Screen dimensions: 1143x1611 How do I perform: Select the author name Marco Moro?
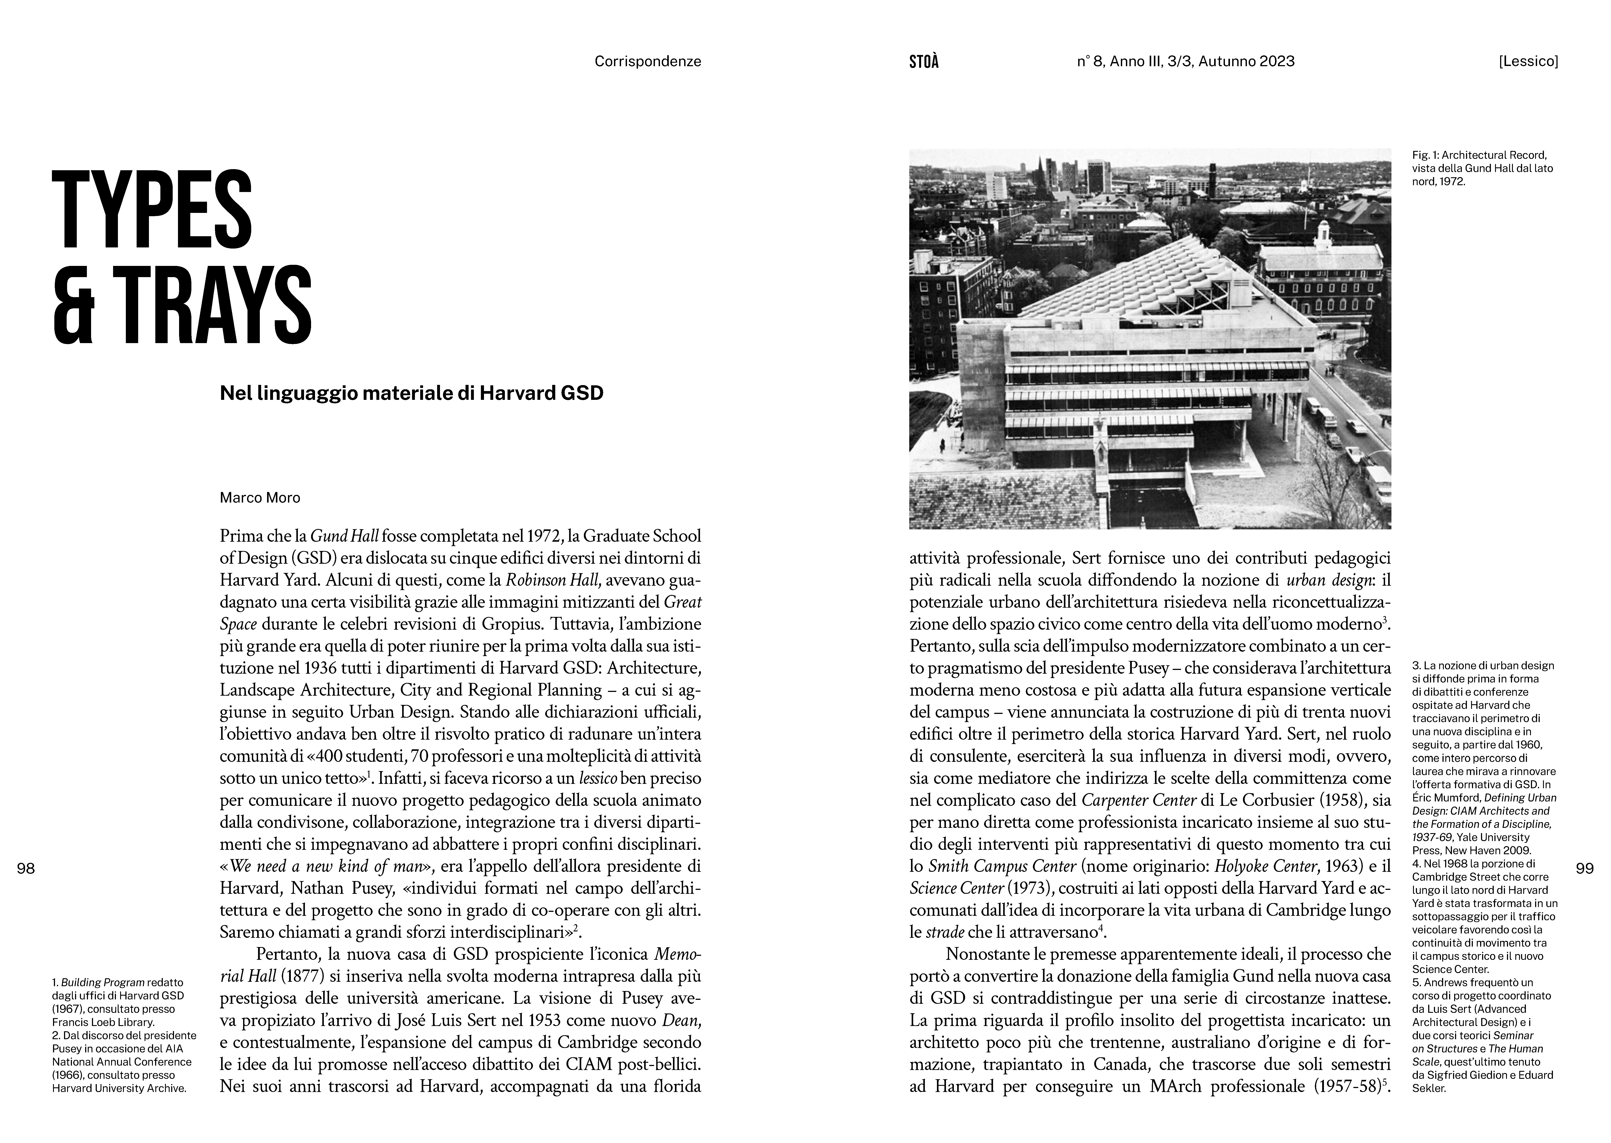[x=260, y=497]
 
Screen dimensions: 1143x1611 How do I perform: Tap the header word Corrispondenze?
[x=647, y=61]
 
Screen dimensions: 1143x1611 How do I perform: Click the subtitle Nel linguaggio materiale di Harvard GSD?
[x=412, y=393]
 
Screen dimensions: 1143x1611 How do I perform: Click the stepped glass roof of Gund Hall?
[x=1140, y=282]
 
